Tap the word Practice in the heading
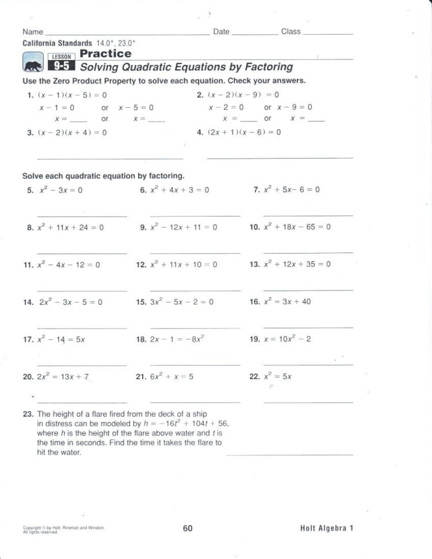coord(105,54)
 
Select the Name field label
coord(33,32)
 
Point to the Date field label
coord(221,32)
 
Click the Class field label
coord(291,32)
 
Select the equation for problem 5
coord(61,190)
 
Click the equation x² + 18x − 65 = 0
coord(297,227)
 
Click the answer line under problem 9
coord(195,253)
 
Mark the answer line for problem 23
coord(289,455)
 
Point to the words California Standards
coord(57,43)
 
